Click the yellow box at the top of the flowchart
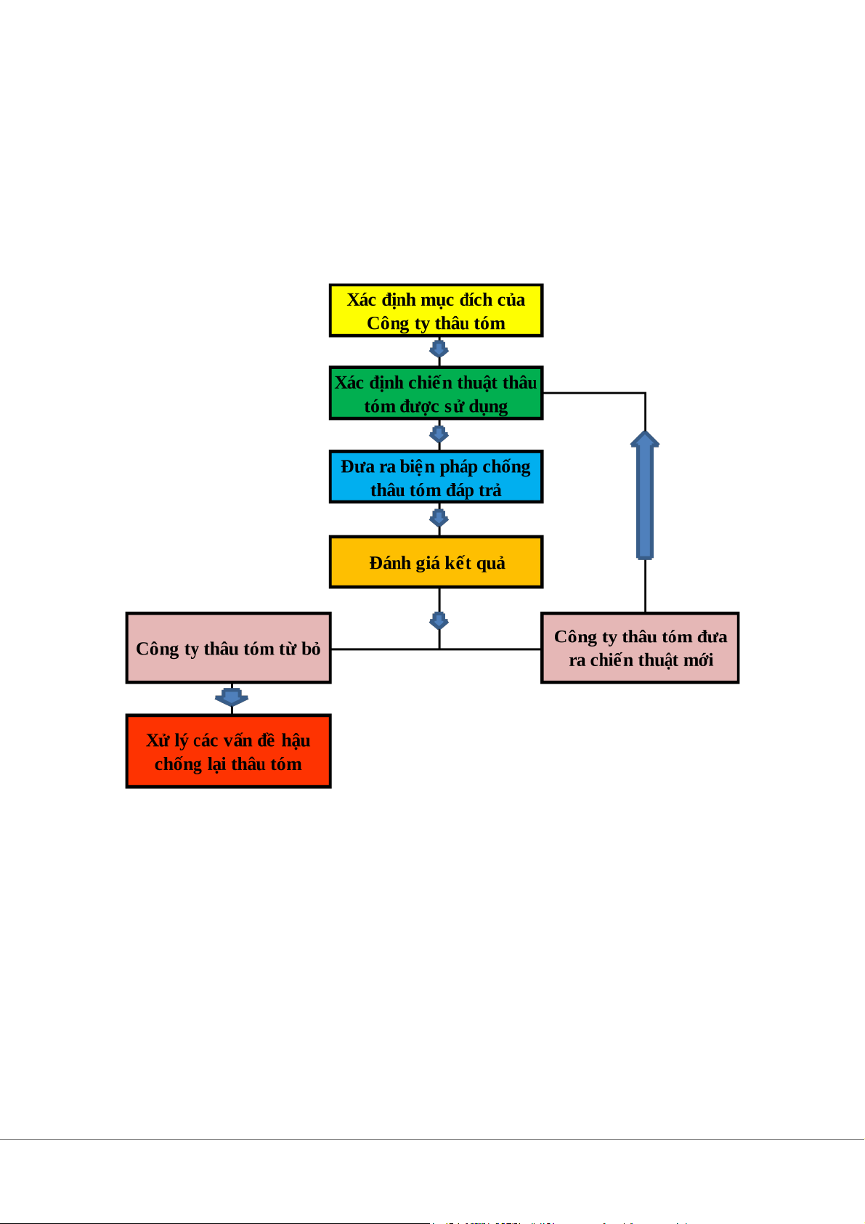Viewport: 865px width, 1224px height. coord(436,311)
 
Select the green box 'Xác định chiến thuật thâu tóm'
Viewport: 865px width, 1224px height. coord(436,394)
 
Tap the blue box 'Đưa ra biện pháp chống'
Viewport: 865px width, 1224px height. coord(436,477)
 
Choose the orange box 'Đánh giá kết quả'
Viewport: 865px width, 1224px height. coord(436,562)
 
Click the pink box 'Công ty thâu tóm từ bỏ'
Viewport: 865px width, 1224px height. coord(228,648)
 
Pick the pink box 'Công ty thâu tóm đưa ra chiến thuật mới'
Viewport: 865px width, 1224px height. coord(640,648)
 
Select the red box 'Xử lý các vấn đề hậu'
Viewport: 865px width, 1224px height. coord(228,751)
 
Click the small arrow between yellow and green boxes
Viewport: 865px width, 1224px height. coord(439,350)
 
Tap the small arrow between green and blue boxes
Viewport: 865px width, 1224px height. coord(439,434)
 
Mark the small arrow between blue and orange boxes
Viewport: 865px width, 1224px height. coord(439,518)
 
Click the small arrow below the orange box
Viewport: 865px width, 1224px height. coord(439,621)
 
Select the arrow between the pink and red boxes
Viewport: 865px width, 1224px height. coord(232,697)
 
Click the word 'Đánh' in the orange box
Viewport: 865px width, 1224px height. coord(389,563)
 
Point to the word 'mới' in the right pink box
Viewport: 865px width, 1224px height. coord(698,660)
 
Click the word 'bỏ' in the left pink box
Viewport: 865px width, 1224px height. coord(311,649)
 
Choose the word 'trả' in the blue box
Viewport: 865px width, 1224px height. coord(490,490)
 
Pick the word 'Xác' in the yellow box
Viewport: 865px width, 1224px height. coord(361,300)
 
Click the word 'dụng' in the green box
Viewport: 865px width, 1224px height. coord(488,407)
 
